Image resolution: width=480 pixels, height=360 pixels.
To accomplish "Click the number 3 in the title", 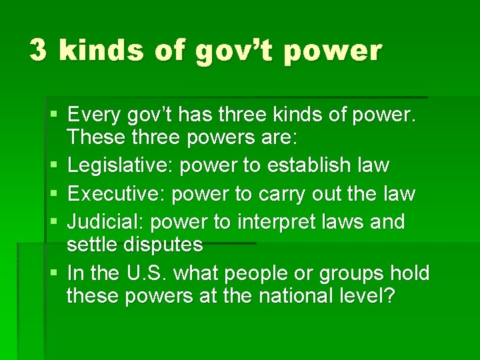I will (x=39, y=51).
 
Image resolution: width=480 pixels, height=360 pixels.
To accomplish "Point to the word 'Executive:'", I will (x=117, y=193).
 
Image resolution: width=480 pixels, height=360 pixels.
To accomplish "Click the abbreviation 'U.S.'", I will (x=140, y=273).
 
